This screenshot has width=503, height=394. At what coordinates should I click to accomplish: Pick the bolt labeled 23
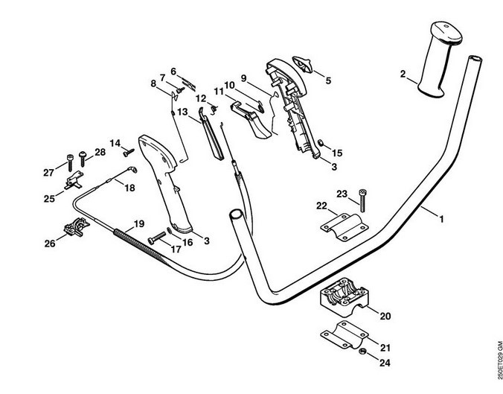(x=362, y=197)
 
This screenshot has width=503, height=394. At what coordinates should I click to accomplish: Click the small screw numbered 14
(x=128, y=151)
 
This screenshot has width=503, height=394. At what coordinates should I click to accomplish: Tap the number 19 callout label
(x=138, y=224)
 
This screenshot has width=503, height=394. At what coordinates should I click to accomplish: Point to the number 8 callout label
(x=155, y=84)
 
